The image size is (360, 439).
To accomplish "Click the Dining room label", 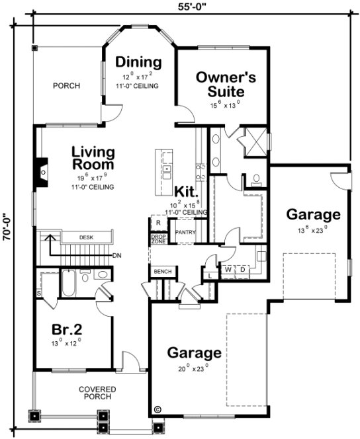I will pyautogui.click(x=138, y=62).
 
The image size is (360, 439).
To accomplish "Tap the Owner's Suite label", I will pyautogui.click(x=226, y=83).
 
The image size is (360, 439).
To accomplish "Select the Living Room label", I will pyautogui.click(x=93, y=158).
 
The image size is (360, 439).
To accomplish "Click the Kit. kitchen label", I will pyautogui.click(x=186, y=191).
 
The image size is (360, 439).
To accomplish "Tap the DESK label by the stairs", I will pyautogui.click(x=86, y=237).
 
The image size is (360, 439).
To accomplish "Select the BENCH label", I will pyautogui.click(x=163, y=272).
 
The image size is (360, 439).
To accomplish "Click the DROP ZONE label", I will pyautogui.click(x=159, y=239).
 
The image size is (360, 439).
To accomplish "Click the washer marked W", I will pyautogui.click(x=228, y=270).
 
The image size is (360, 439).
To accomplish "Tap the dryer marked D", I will pyautogui.click(x=242, y=270).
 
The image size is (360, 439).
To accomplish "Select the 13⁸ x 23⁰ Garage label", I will pyautogui.click(x=313, y=214).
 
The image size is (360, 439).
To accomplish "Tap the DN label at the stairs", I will pyautogui.click(x=116, y=256).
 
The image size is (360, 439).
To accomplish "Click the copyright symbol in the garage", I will pyautogui.click(x=157, y=410).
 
